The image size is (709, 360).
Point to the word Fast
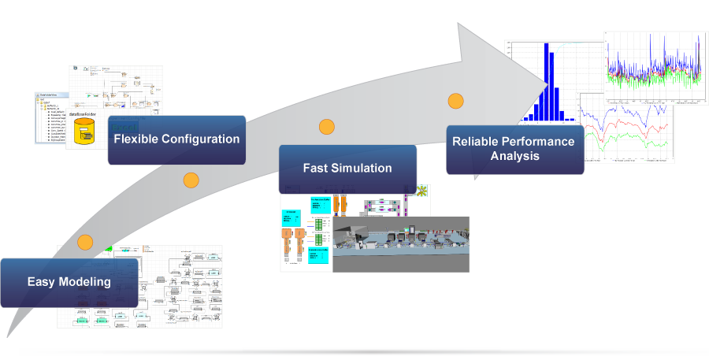click(317, 168)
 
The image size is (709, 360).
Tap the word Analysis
click(514, 156)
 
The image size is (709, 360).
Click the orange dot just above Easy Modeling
click(85, 243)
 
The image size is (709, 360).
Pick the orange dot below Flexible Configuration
click(191, 180)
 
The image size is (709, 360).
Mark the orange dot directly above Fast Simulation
click(326, 127)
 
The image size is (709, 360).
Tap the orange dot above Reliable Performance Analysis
click(455, 101)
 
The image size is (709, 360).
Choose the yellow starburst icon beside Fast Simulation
click(424, 191)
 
